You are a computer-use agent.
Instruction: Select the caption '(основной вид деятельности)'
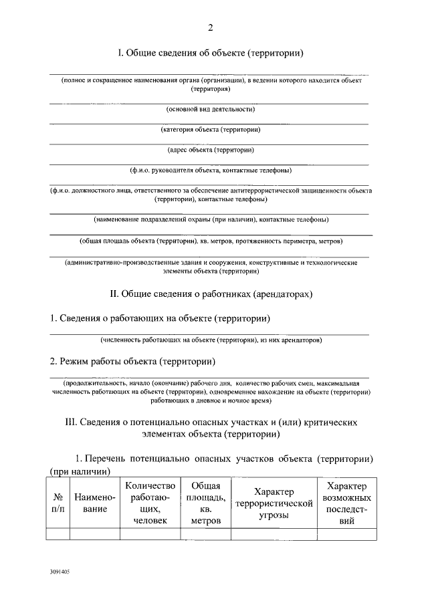click(211, 109)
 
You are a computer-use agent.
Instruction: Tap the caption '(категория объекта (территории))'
click(211, 130)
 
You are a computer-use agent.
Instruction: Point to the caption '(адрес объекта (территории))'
click(211, 150)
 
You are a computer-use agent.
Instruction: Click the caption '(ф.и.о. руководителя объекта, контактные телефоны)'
click(211, 171)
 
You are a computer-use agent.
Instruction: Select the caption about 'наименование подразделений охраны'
click(211, 219)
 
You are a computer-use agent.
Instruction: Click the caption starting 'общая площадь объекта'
click(211, 240)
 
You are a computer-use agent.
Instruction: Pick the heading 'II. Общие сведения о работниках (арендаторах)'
click(211, 293)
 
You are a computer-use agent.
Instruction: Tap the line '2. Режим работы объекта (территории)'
click(133, 362)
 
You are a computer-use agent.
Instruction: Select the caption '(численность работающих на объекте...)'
click(211, 340)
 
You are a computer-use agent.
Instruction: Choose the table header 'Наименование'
click(94, 503)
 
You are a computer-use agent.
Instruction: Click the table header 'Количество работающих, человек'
click(150, 503)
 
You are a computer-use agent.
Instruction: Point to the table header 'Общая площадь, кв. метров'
click(206, 503)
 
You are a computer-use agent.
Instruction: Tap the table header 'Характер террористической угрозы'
click(274, 503)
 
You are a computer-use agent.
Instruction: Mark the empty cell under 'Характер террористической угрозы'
click(274, 533)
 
